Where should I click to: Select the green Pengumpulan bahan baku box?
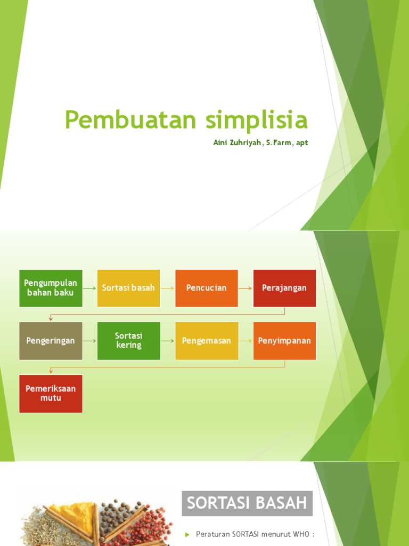51,288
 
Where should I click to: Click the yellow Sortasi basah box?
128,288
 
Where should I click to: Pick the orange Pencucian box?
207,288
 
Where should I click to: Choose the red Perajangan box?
284,288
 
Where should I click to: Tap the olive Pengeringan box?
51,341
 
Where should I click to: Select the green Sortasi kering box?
128,341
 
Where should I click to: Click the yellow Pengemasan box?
207,341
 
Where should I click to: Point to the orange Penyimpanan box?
284,341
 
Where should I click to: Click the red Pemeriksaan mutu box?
51,394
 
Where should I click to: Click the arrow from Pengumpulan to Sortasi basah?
89,288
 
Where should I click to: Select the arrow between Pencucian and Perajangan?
246,288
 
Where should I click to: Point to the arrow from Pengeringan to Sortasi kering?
89,341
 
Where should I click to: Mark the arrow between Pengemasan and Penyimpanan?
246,341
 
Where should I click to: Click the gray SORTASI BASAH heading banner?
247,503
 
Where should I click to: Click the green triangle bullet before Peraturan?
187,534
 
